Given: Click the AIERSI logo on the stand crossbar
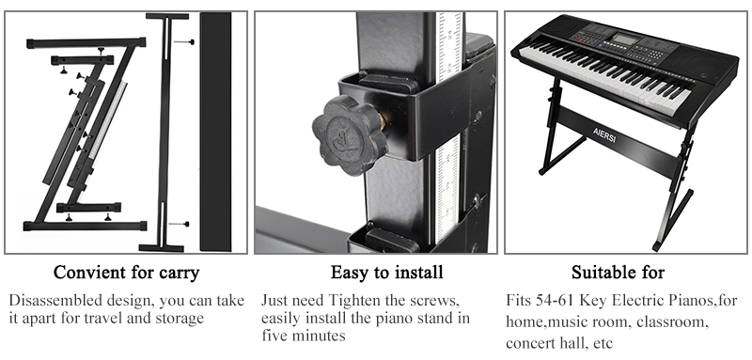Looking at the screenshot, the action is point(603,135).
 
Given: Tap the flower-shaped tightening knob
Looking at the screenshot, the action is point(348,134).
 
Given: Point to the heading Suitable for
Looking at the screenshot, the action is point(618,273).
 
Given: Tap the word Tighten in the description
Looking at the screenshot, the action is point(351,301).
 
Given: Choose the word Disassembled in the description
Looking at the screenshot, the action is point(46,301).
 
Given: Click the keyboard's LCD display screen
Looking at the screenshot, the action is point(624,39).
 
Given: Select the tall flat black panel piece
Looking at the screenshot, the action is point(216,132).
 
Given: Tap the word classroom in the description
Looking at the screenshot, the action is point(672,322).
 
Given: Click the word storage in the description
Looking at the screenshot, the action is point(180,319).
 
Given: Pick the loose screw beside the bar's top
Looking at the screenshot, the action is point(184,42).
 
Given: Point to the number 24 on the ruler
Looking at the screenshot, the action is point(449,34).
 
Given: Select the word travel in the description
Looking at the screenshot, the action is point(118,319).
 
